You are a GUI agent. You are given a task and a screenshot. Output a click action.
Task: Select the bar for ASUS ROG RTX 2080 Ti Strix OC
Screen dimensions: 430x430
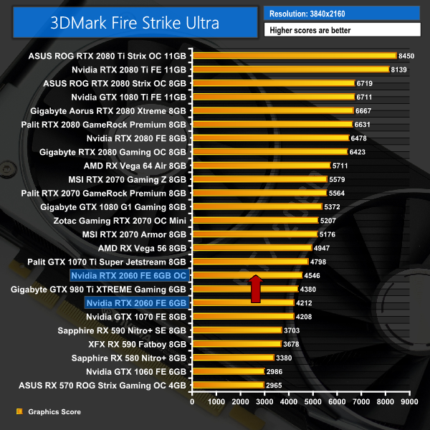294,55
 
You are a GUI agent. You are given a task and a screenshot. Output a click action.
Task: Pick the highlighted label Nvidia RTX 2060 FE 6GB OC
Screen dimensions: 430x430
128,274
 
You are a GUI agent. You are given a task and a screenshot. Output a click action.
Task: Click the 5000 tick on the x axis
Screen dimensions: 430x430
313,402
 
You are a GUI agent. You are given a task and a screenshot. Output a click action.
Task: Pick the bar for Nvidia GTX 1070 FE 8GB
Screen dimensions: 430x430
243,316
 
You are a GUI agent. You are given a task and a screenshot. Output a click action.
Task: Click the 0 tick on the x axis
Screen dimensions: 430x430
192,402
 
